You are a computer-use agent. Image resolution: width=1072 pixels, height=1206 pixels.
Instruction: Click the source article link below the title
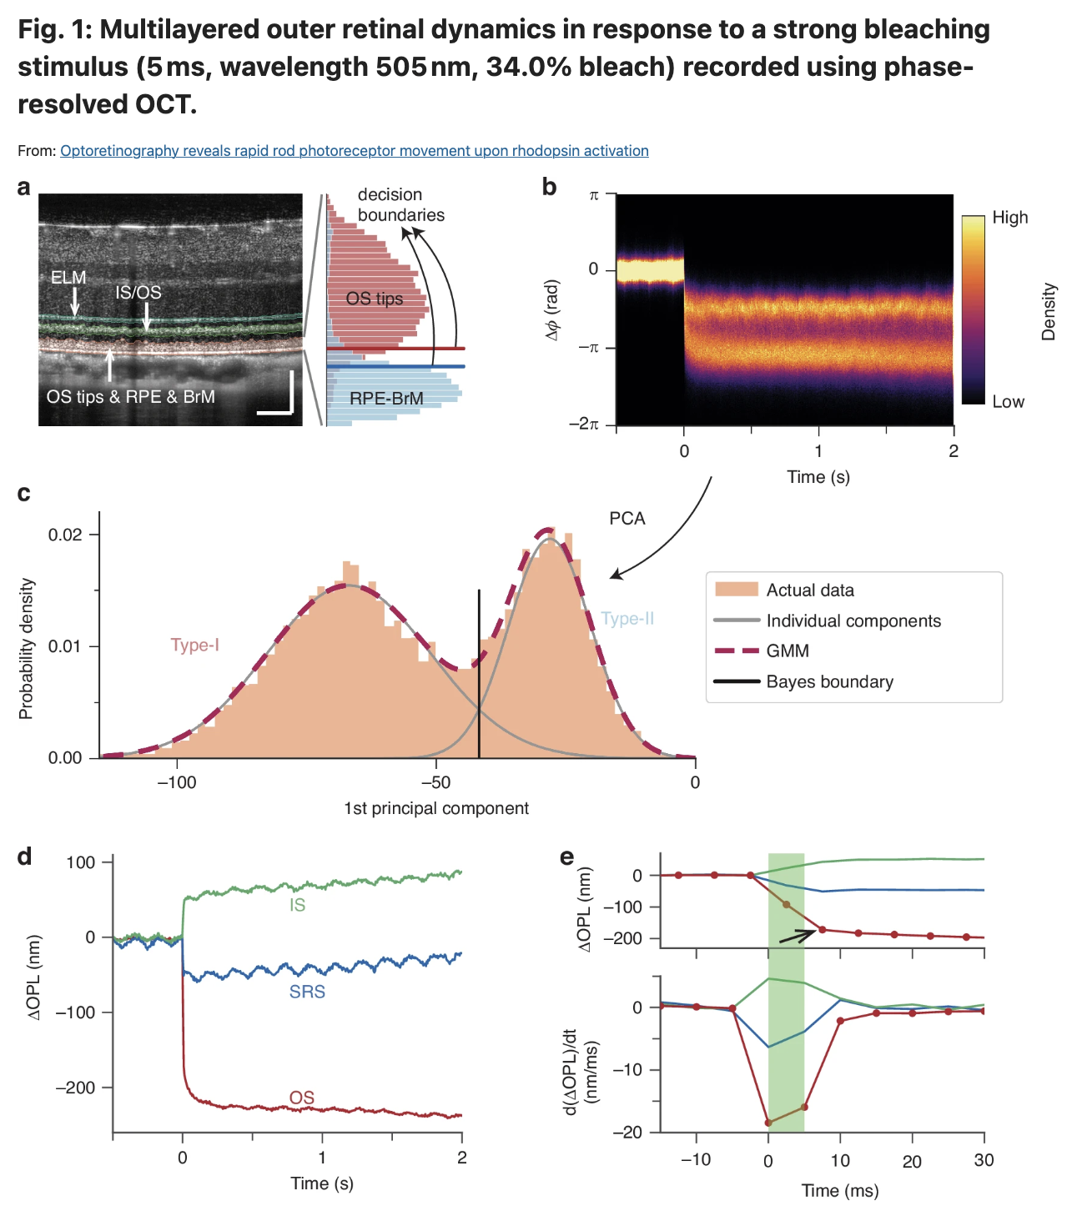(354, 151)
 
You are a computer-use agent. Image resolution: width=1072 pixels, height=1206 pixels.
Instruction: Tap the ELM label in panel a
(68, 278)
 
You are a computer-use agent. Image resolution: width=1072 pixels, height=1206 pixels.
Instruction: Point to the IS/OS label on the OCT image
(138, 293)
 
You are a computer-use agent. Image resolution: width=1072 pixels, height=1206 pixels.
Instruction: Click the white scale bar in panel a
(278, 407)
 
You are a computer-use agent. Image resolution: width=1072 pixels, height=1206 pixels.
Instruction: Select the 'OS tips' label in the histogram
(375, 299)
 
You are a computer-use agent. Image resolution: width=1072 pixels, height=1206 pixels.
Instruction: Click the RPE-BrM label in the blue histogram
(386, 399)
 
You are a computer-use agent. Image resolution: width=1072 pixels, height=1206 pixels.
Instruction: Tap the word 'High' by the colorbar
(1009, 218)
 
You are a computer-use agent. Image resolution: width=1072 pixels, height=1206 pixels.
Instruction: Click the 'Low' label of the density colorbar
(1008, 402)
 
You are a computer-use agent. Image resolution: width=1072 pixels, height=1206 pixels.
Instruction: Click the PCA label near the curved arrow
(627, 519)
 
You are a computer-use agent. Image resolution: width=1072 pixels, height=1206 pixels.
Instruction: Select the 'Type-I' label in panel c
(194, 646)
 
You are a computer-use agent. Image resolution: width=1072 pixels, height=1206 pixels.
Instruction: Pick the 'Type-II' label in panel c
(627, 619)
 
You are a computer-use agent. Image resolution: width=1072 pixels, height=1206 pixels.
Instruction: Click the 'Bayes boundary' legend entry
(829, 682)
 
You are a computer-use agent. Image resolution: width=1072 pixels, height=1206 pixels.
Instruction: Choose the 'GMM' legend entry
(788, 651)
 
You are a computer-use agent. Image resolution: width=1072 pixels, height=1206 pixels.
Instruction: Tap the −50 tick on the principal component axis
(435, 782)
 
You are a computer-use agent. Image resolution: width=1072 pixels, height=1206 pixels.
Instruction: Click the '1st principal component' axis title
(436, 809)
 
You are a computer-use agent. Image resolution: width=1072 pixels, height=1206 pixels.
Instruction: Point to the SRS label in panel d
(307, 992)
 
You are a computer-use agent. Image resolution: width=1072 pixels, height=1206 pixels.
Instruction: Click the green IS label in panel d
(297, 905)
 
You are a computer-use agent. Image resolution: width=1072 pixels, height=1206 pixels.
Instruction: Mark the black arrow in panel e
(797, 936)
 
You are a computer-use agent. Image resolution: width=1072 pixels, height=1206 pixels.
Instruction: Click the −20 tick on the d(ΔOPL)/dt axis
(628, 1132)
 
